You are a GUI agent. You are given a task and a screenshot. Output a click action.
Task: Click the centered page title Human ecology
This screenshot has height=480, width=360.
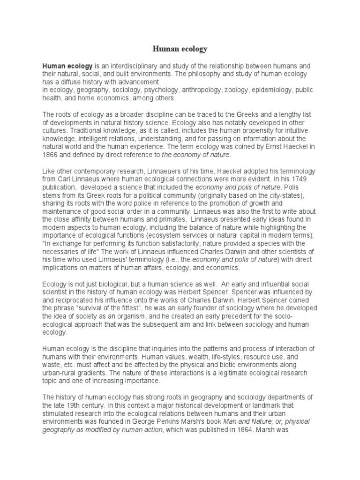(x=180, y=48)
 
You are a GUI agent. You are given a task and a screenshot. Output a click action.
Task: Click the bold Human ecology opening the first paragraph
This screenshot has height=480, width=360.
(x=67, y=66)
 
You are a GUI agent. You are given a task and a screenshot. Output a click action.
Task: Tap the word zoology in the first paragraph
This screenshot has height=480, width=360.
(x=225, y=90)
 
